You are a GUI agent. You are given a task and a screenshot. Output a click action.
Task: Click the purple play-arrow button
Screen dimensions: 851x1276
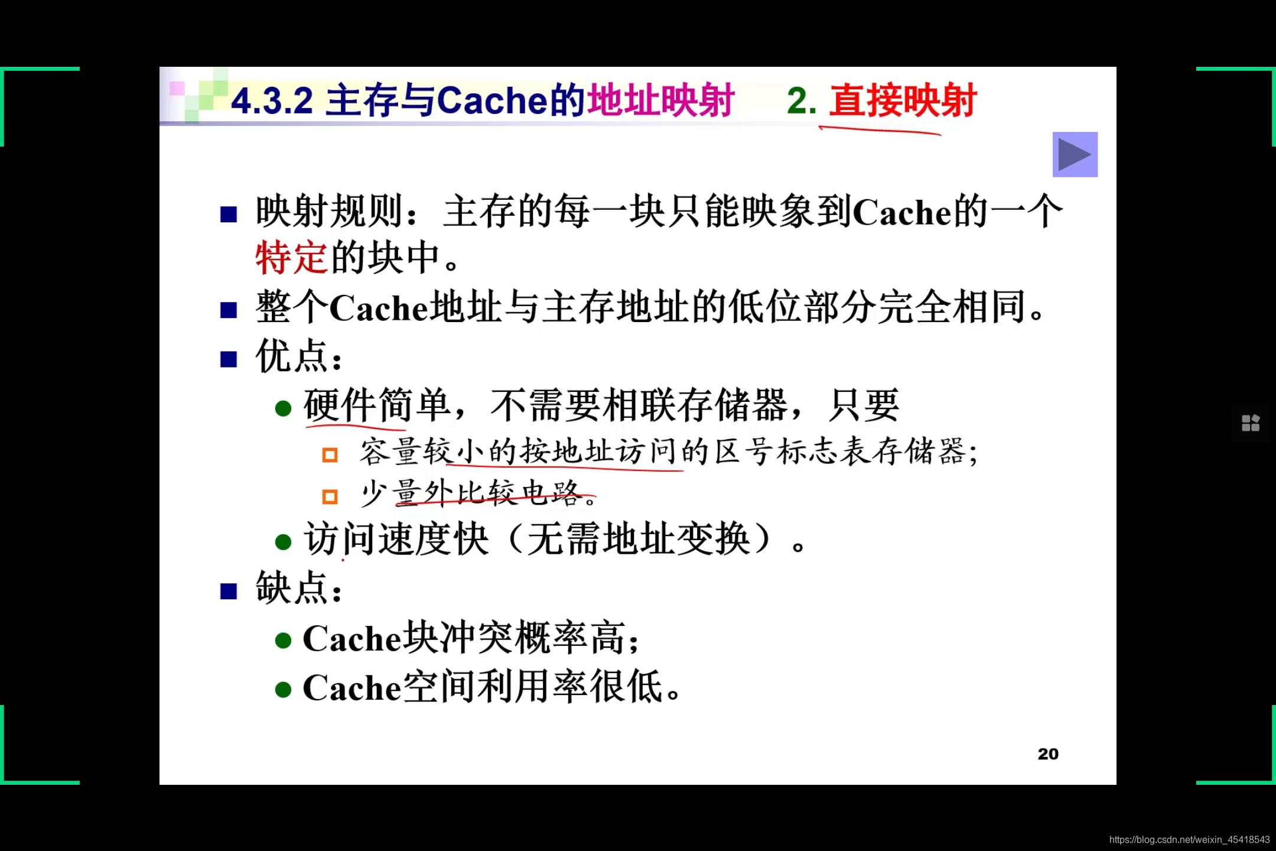point(1075,154)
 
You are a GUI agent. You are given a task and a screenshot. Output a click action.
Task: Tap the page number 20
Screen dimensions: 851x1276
point(1048,754)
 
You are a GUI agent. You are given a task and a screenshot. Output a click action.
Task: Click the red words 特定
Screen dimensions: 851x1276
point(291,258)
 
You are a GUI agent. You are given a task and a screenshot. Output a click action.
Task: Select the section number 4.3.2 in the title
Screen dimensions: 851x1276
point(272,100)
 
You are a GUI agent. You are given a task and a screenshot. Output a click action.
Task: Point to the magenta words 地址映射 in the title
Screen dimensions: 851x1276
point(660,100)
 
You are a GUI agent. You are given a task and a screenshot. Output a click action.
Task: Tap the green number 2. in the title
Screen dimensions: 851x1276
point(802,100)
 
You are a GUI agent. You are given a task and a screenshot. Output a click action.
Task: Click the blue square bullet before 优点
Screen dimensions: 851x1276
point(229,359)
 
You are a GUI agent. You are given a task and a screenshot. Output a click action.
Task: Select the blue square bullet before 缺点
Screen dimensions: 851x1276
point(229,591)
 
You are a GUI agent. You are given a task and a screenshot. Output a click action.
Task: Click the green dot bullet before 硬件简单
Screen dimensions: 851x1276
point(284,408)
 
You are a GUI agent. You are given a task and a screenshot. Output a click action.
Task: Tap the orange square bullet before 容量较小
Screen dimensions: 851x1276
point(330,454)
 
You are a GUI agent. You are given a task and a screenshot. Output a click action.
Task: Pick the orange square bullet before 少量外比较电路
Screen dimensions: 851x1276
point(330,496)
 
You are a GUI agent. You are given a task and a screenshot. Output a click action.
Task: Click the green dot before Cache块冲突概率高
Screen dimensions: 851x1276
point(284,641)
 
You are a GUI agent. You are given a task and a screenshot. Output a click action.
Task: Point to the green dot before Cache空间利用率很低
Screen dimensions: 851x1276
point(284,690)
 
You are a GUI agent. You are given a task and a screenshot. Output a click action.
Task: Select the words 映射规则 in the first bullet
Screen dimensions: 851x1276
point(329,211)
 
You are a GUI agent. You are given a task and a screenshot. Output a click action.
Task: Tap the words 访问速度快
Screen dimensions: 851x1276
point(396,539)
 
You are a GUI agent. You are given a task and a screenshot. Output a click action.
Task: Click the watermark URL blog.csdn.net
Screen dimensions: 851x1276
point(1189,840)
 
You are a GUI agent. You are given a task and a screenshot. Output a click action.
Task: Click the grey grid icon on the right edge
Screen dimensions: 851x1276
point(1251,423)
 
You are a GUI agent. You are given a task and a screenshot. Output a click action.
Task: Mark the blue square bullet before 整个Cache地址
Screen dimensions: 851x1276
point(229,310)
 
